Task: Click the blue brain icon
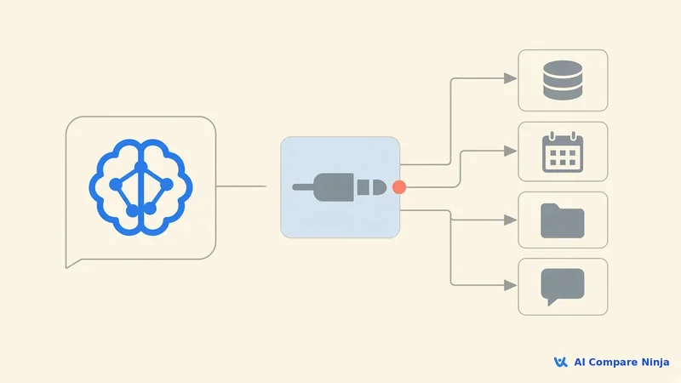click(x=140, y=187)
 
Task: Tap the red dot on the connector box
click(x=399, y=187)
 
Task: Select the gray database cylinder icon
click(x=563, y=80)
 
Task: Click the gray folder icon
click(x=563, y=220)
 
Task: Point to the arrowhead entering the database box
click(x=510, y=78)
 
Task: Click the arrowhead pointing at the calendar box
click(x=510, y=151)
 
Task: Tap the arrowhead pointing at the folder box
click(x=510, y=220)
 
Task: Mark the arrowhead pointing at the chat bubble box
click(x=510, y=285)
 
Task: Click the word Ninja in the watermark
click(x=655, y=363)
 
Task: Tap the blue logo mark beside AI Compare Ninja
click(x=560, y=363)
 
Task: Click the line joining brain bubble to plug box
click(x=241, y=186)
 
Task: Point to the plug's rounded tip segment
click(x=380, y=187)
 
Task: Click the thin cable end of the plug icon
click(x=303, y=187)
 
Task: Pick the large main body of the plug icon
click(x=333, y=187)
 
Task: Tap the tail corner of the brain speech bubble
click(x=66, y=267)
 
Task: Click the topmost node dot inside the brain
click(x=140, y=167)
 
